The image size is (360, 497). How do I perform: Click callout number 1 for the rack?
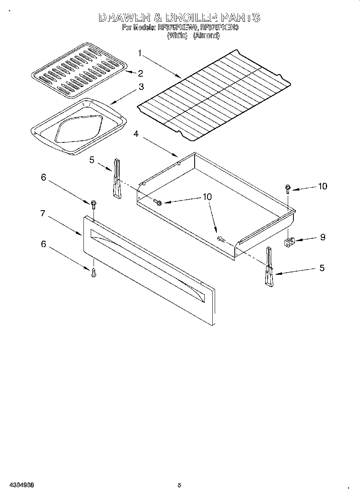[139, 52]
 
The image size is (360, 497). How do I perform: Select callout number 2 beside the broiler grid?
[140, 73]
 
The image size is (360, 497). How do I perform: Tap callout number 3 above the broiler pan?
[141, 86]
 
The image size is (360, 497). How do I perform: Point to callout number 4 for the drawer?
[136, 134]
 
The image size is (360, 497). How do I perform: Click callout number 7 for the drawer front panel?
[43, 213]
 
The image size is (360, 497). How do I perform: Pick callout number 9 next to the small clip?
[322, 237]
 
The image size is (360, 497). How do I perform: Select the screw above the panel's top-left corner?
[94, 204]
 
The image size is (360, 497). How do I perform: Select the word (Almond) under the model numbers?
[207, 35]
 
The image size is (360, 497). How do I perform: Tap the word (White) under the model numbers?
[177, 35]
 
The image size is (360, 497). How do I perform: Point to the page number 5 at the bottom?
[179, 485]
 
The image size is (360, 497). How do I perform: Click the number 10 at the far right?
[322, 186]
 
